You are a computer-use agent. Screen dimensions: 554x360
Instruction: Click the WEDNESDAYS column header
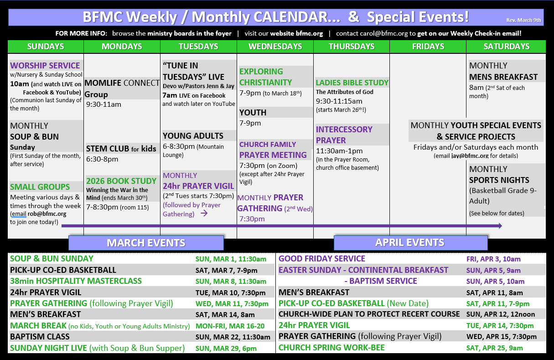click(275, 47)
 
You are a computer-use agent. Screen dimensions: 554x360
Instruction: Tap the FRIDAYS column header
click(428, 47)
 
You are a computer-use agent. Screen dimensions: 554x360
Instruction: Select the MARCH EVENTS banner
click(146, 243)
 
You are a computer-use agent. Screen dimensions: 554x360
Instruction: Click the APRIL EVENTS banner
click(410, 242)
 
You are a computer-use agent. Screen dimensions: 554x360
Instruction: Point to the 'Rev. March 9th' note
click(523, 20)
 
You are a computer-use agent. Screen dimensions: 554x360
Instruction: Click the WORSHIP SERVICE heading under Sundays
click(45, 66)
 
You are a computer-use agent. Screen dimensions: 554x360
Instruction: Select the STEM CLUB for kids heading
click(121, 148)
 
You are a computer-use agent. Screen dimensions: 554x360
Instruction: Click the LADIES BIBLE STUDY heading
click(352, 83)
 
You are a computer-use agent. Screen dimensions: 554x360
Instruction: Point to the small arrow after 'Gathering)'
click(204, 213)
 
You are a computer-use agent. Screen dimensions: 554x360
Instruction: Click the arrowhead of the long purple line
click(500, 226)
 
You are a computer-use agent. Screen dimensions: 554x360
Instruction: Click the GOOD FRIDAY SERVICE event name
click(322, 259)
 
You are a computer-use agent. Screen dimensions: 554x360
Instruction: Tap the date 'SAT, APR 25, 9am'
click(495, 348)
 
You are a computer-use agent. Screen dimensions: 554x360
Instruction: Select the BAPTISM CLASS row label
click(40, 337)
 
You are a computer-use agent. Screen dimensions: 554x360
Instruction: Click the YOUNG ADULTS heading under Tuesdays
click(193, 136)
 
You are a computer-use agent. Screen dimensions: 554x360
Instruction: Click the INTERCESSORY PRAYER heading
click(344, 135)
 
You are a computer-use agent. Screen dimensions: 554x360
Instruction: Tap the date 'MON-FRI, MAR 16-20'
click(230, 326)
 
